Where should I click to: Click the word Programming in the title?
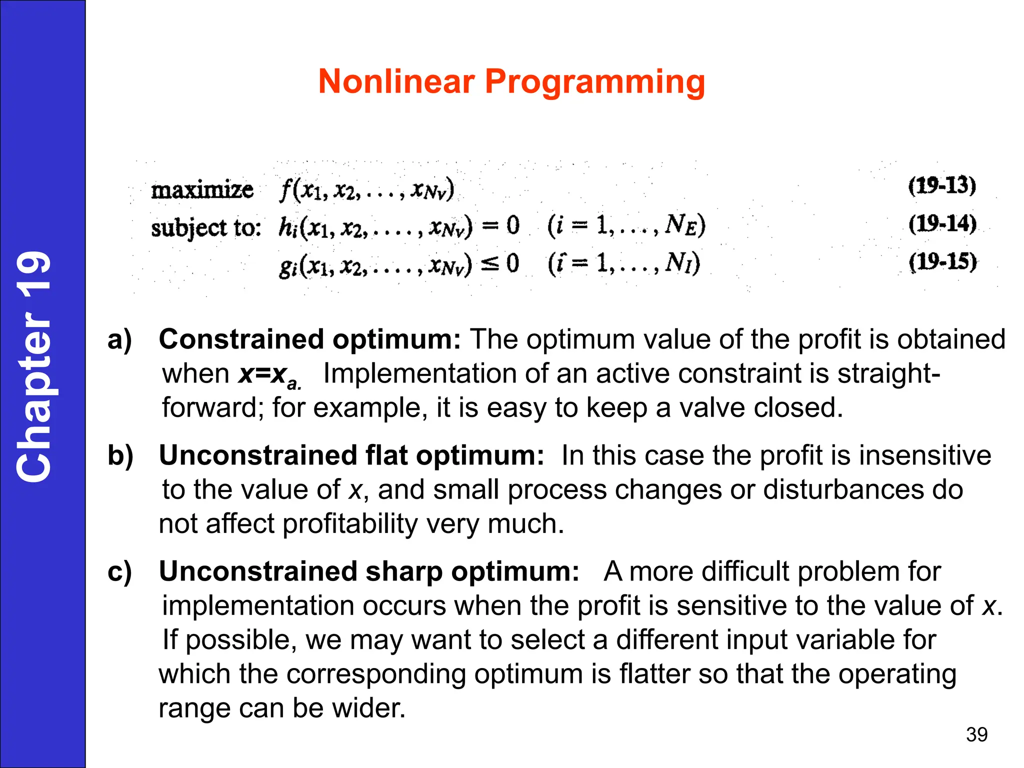[x=594, y=83]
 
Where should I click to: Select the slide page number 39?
[x=976, y=734]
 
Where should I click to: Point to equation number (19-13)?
[x=942, y=185]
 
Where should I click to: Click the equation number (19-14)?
[x=942, y=223]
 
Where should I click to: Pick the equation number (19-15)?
[x=942, y=261]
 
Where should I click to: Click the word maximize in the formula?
[x=202, y=190]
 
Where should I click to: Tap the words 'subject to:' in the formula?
[x=206, y=228]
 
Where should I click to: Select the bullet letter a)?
[x=120, y=339]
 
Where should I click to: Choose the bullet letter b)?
[x=120, y=455]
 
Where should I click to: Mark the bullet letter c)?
[x=120, y=571]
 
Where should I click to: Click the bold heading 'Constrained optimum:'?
[x=309, y=339]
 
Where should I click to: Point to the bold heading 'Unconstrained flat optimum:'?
[x=351, y=455]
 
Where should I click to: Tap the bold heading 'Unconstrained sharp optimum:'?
[x=369, y=571]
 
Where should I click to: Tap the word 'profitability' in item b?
[x=349, y=524]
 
